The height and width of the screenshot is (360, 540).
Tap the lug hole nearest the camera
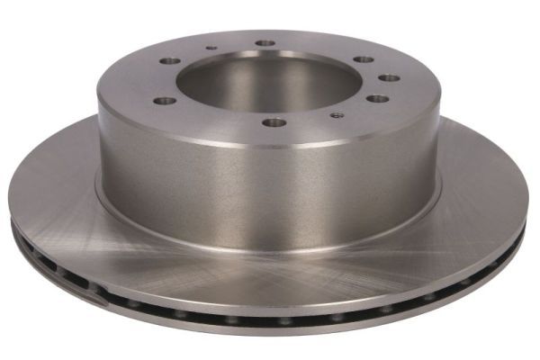coord(274,122)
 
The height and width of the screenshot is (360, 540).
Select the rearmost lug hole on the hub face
coord(265,42)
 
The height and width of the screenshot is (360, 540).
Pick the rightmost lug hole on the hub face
coord(389,78)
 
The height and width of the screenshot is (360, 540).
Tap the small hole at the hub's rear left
coord(211,49)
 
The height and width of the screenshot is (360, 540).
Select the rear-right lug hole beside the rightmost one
coord(363,59)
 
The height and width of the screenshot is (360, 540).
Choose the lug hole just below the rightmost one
coord(378,98)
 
